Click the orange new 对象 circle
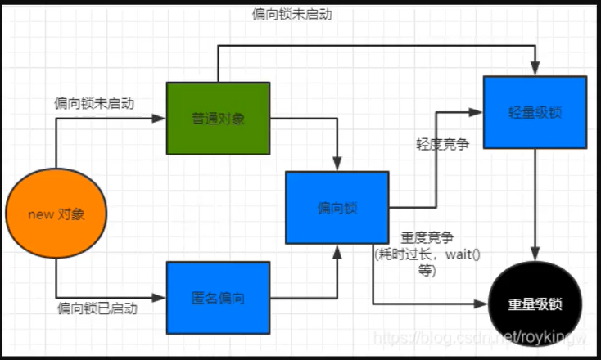coord(56,214)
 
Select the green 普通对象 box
coord(217,118)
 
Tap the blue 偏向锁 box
coord(337,207)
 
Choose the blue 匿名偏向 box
coord(217,297)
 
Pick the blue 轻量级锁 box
coord(535,111)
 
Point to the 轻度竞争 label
coord(442,144)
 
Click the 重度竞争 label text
coord(426,237)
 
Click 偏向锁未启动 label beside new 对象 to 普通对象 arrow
coord(94,104)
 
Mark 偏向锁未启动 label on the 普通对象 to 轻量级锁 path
coord(292,14)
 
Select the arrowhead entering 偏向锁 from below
coord(337,250)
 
